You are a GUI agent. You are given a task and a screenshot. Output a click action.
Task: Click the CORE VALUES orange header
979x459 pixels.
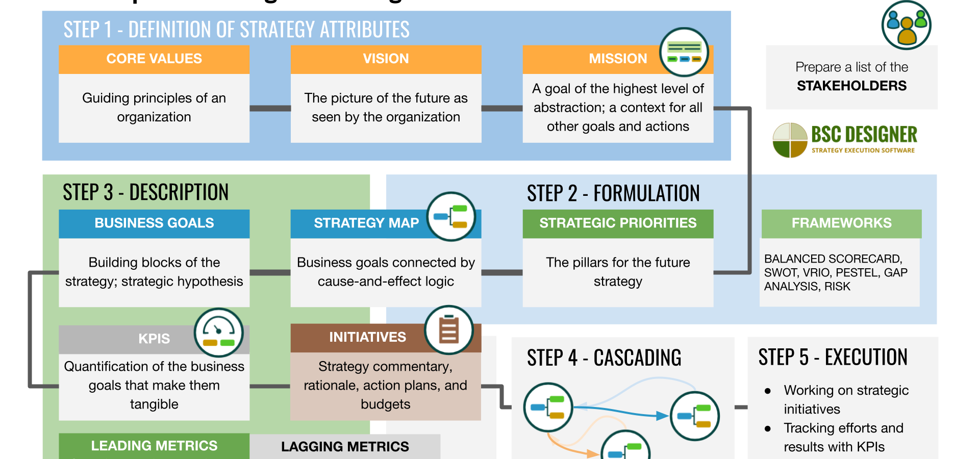(x=154, y=59)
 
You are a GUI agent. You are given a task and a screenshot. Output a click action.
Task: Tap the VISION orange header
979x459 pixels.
(x=386, y=59)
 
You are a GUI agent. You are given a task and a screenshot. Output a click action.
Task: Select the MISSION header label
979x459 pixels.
(x=617, y=59)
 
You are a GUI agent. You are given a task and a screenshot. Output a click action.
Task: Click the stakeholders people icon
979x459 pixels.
(x=906, y=25)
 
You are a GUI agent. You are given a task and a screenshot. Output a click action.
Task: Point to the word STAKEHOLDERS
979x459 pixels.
(x=851, y=86)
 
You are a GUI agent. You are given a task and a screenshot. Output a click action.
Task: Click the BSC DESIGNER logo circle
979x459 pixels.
(x=790, y=140)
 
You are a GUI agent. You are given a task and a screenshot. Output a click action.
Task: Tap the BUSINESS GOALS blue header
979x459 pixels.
(x=154, y=223)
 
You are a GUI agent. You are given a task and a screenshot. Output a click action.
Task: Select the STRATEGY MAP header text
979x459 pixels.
(x=366, y=223)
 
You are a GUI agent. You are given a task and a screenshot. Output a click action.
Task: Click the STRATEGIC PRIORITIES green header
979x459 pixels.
(x=617, y=223)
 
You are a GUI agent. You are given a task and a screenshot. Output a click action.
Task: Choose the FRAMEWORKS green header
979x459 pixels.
(x=841, y=223)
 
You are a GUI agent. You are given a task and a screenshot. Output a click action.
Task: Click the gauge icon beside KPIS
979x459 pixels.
(x=218, y=333)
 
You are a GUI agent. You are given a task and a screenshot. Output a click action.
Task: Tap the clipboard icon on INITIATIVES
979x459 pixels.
(x=449, y=330)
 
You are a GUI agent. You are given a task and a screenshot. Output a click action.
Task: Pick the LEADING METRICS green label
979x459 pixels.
(x=154, y=446)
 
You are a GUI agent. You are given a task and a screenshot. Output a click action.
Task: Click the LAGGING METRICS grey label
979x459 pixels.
(x=345, y=447)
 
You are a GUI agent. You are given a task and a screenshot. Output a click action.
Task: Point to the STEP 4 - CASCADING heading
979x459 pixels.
(x=604, y=358)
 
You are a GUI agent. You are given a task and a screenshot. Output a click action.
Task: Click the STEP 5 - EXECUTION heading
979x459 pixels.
(x=833, y=357)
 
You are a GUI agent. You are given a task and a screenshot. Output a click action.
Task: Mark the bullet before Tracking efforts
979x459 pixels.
(x=768, y=428)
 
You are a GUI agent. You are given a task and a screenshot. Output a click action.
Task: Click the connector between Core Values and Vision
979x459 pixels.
(x=270, y=108)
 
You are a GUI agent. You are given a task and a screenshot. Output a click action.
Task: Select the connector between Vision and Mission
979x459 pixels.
(x=501, y=108)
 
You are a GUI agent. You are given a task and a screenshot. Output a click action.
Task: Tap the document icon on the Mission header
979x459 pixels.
(x=684, y=52)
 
